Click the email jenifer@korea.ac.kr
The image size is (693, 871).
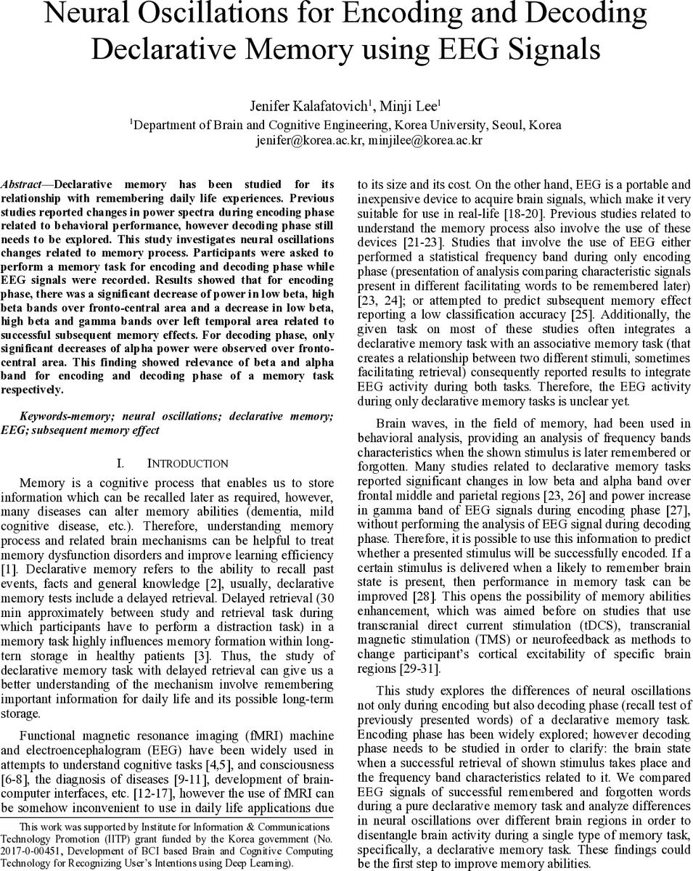[308, 140]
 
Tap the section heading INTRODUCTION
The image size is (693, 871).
[187, 463]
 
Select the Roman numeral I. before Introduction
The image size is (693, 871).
[121, 463]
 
